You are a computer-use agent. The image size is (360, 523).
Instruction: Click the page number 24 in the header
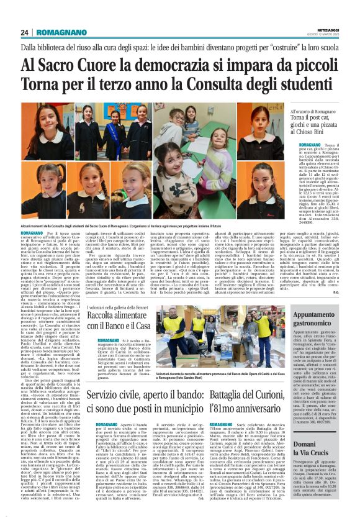pyautogui.click(x=24, y=32)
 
